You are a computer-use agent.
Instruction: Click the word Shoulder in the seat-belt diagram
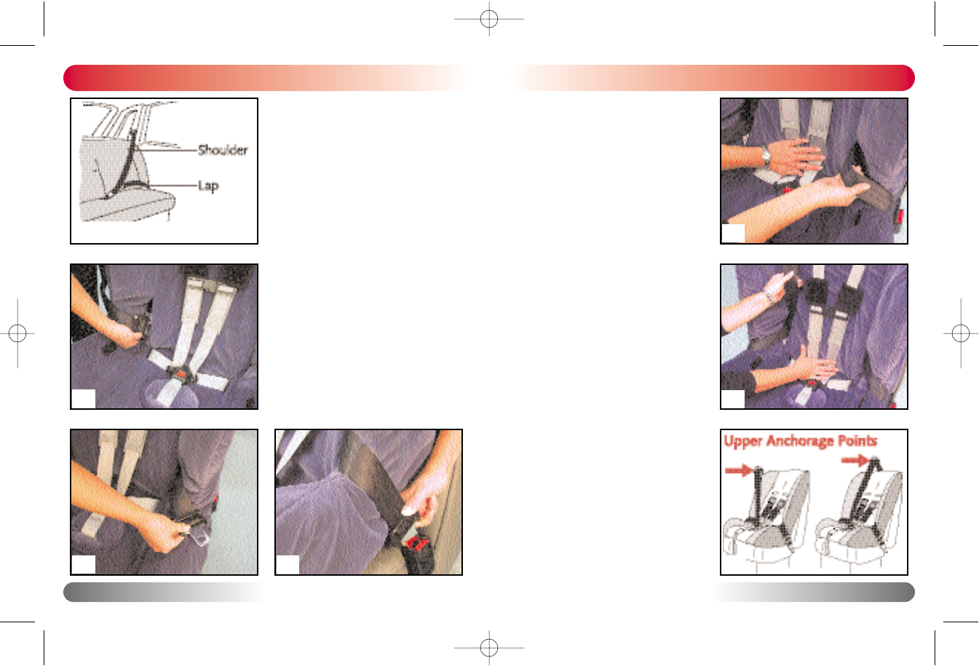pos(223,150)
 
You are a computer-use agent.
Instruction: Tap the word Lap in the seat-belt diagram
pos(208,186)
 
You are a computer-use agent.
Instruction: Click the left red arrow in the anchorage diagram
pos(739,471)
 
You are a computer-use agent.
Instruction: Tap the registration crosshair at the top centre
pos(489,19)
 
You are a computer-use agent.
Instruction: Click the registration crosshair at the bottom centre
pos(489,648)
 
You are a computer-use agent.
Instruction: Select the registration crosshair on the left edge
pos(17,333)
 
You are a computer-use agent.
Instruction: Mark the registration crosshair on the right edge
pos(961,333)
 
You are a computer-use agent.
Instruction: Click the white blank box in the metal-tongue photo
pos(84,565)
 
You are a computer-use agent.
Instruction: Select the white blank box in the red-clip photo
pos(288,565)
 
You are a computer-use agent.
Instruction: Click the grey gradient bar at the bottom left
pos(165,592)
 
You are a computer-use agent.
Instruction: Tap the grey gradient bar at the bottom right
pos(813,592)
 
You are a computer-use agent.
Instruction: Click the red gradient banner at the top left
pos(264,78)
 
